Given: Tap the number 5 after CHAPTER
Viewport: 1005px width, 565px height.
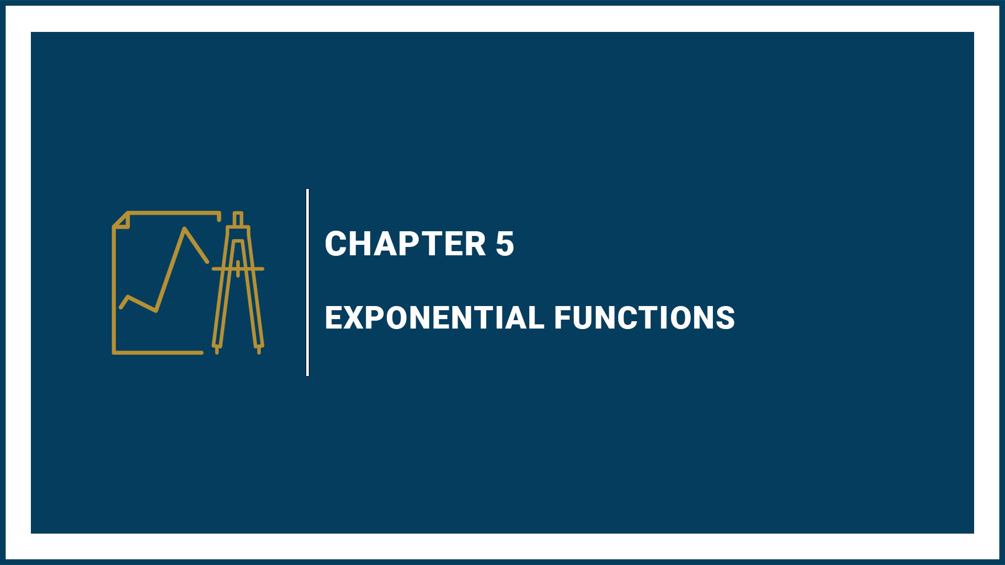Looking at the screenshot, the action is pos(505,244).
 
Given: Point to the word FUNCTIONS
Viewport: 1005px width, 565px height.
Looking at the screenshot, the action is pos(644,318).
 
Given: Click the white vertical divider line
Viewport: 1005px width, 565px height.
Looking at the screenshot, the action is pos(307,282).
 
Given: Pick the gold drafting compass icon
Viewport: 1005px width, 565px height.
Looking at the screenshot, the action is pos(238,282).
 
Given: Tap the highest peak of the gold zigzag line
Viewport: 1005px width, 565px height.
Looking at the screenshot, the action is pos(184,229).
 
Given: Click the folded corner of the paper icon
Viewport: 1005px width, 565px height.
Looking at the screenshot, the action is pos(121,220).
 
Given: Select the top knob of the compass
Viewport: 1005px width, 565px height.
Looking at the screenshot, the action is pos(238,219).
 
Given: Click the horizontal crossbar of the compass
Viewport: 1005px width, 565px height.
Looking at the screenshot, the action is pos(238,269).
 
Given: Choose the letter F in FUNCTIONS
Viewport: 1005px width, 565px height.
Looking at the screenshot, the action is pos(563,318).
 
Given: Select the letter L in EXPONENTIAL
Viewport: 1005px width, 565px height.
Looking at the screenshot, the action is pos(535,318).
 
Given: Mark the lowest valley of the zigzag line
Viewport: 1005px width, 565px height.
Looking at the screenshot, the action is pos(156,311).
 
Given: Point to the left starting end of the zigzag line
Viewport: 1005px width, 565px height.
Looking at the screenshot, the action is pos(121,307).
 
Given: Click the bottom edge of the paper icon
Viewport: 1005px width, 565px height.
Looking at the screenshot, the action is pos(158,353).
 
